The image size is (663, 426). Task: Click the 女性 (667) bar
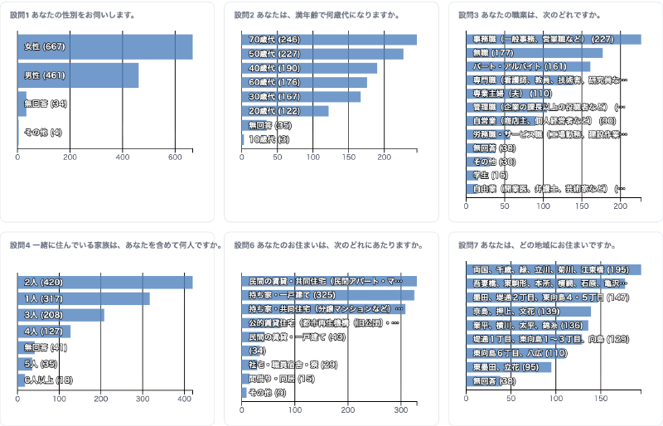105,46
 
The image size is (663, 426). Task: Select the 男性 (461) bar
78,75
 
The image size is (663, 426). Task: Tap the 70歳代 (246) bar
329,40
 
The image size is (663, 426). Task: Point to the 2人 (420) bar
105,282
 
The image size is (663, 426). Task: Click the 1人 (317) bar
84,298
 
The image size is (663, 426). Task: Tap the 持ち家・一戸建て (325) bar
328,295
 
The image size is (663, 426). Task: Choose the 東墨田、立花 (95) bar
509,367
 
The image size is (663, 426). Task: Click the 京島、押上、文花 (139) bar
529,312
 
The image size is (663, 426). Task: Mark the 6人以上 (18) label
49,380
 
